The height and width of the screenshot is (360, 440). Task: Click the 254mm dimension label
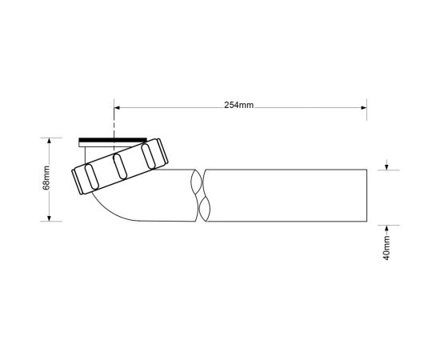239,105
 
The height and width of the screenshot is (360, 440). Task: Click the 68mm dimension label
46,178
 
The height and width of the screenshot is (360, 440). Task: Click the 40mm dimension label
386,248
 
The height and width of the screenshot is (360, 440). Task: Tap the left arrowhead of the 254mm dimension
118,107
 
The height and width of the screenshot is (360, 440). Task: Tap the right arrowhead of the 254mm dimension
364,107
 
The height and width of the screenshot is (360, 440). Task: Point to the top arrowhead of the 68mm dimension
49,141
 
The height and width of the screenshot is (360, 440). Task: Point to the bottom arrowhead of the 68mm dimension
49,218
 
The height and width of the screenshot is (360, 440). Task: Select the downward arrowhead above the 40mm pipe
386,167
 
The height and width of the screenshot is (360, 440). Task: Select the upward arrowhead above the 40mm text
386,228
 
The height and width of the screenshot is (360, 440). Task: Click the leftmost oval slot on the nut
91,177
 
